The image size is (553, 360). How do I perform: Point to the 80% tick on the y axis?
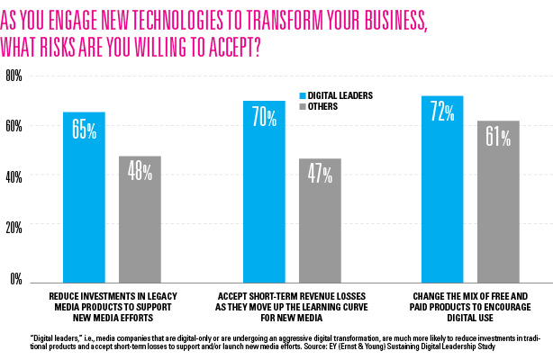point(14,76)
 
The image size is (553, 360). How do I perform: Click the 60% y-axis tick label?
point(14,127)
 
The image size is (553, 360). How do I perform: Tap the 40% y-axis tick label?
point(14,177)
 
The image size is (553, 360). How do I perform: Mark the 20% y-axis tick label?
point(14,228)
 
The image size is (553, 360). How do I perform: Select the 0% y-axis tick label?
point(15,278)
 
